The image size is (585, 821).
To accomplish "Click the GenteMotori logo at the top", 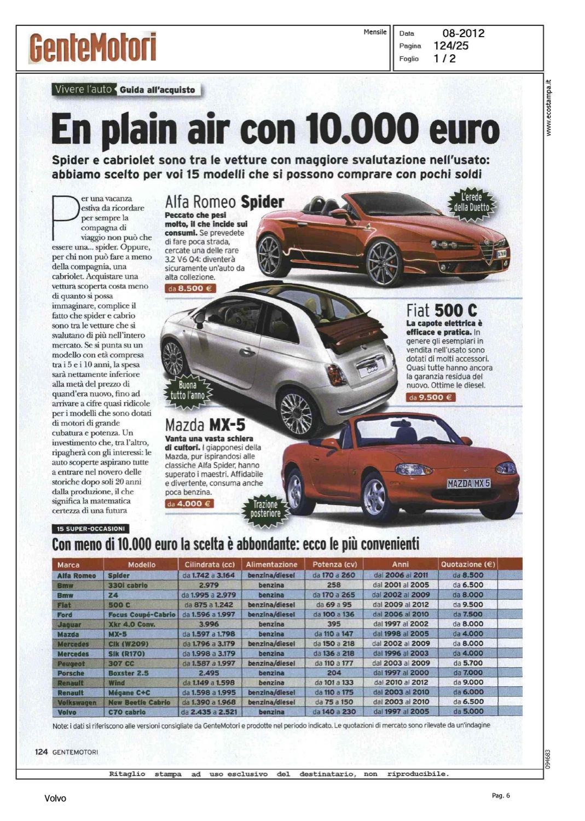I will click(92, 48).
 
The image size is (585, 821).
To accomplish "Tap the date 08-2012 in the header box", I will click(463, 33).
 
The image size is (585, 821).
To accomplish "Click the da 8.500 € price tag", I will click(190, 288).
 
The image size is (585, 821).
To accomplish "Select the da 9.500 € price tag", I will click(431, 397).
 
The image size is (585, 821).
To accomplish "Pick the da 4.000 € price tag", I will click(189, 504).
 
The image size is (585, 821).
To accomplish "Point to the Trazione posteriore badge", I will click(265, 509).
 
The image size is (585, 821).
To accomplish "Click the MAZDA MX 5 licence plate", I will click(468, 483).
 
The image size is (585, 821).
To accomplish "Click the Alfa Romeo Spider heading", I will click(224, 202).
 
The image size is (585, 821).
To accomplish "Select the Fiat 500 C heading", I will click(441, 310).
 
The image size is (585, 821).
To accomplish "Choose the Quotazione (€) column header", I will click(468, 564).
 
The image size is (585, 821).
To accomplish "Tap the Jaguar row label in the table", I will click(69, 625).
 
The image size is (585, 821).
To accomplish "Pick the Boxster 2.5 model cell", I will click(128, 673).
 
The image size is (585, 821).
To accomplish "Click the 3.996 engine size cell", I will click(209, 624).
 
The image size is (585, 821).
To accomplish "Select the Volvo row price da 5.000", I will click(468, 712).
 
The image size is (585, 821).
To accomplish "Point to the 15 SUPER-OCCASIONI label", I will click(90, 529).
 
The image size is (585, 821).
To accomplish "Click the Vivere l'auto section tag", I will click(83, 89).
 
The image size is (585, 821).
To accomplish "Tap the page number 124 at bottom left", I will click(42, 751).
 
